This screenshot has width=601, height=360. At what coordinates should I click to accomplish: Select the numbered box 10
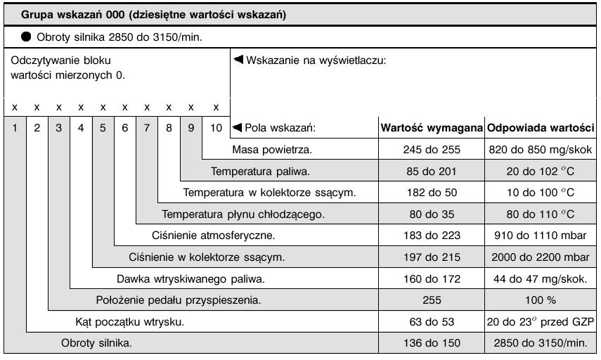pos(215,128)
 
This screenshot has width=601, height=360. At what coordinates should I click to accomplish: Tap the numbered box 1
pos(14,128)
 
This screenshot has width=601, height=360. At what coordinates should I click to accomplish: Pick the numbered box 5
pos(103,128)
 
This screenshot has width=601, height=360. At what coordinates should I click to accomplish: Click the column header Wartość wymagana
pos(431,128)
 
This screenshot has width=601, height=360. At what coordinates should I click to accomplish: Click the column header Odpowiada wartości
pos(541,128)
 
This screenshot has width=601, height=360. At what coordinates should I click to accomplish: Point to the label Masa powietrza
pos(271,149)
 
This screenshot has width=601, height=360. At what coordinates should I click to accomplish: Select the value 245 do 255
pos(432,149)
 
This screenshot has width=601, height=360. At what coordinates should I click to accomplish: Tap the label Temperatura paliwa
pos(261,171)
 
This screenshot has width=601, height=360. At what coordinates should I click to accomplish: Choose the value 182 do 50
pos(432,192)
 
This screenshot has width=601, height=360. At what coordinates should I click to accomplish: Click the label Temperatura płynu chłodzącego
pos(243,214)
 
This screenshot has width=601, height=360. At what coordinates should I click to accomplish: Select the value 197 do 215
pos(432,257)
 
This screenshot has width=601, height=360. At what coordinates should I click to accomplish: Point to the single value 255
pos(432,300)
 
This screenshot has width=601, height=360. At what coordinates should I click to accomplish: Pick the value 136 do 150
pos(432,343)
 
